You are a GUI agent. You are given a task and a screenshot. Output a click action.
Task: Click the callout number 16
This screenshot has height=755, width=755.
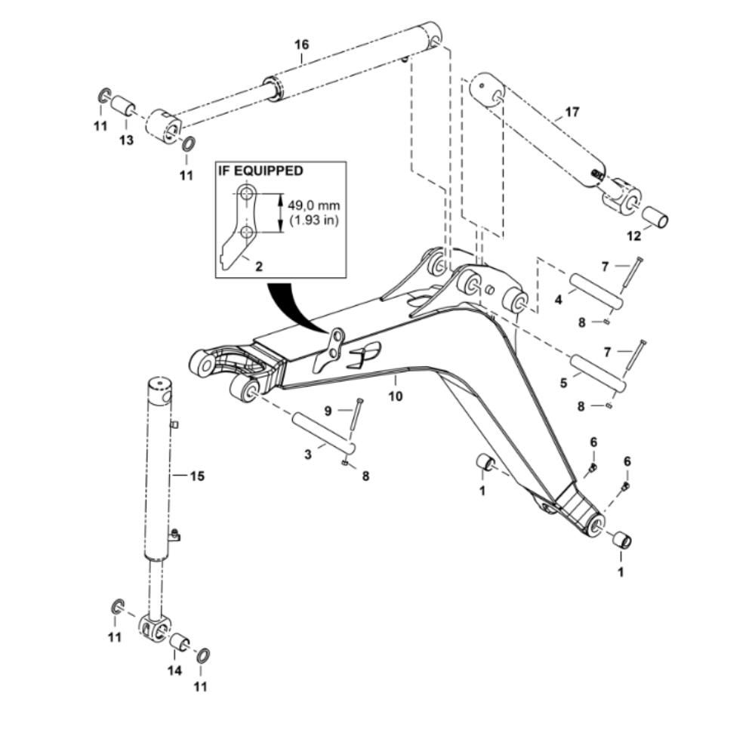(x=301, y=45)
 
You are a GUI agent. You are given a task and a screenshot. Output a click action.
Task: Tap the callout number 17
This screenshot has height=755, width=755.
(x=572, y=112)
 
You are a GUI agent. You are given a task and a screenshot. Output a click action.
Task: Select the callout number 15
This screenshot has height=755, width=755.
(x=197, y=476)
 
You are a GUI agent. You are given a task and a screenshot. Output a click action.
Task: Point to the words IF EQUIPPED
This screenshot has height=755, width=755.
(x=260, y=171)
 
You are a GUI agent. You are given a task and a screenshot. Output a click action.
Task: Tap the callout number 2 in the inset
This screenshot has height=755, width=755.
(x=258, y=266)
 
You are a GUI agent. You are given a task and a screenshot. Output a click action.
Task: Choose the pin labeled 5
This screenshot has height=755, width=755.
(x=598, y=373)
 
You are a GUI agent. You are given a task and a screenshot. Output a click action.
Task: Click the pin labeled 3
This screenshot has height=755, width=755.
(x=320, y=432)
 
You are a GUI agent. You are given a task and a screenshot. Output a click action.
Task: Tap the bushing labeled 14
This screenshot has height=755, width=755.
(x=178, y=643)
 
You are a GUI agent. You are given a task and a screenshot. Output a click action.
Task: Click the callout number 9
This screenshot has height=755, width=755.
(x=328, y=411)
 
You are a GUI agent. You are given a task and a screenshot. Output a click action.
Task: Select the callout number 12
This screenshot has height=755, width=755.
(x=633, y=236)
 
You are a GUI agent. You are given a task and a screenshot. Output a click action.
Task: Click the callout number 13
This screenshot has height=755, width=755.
(x=125, y=140)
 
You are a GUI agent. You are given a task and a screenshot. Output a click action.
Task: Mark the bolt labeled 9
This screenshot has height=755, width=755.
(x=354, y=419)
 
